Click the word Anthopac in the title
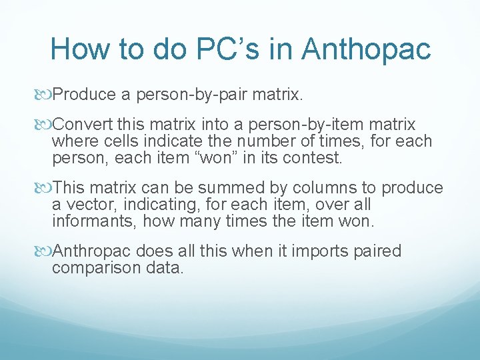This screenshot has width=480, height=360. pos(366,49)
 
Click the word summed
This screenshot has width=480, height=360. pos(236,189)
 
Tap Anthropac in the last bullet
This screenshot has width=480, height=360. pos(93,251)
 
